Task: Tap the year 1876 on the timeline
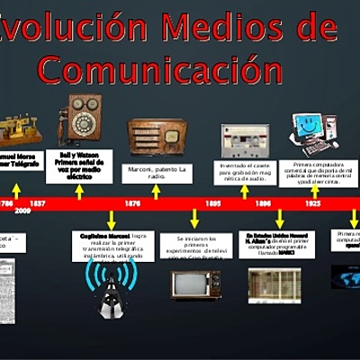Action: (132, 204)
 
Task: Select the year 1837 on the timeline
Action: (38, 204)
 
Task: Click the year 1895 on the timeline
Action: (213, 204)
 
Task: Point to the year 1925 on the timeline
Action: (312, 204)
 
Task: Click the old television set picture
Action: (196, 283)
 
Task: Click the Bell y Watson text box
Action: (79, 166)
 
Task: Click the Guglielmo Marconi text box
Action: (112, 244)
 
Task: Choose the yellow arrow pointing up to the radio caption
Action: (156, 191)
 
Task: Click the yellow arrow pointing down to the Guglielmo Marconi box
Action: (112, 220)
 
